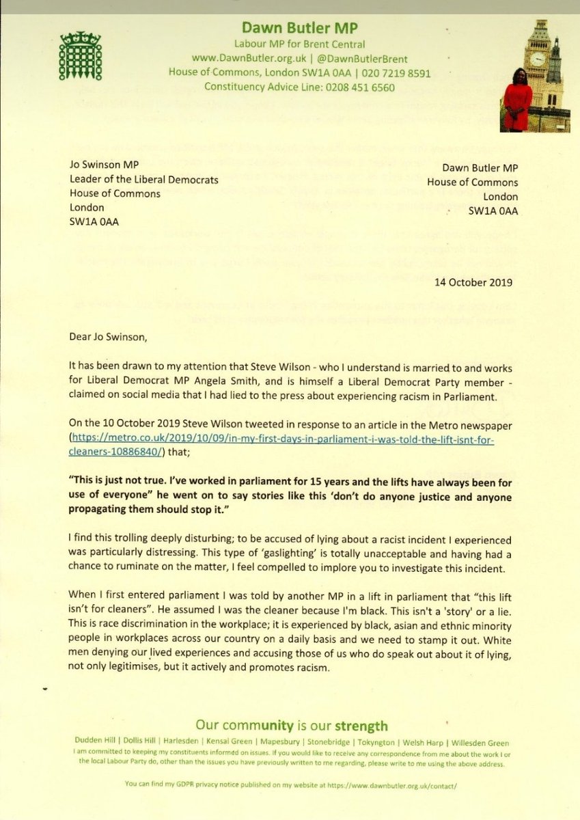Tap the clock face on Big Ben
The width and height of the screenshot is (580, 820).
click(x=538, y=57)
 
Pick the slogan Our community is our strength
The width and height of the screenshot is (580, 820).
click(x=291, y=726)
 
